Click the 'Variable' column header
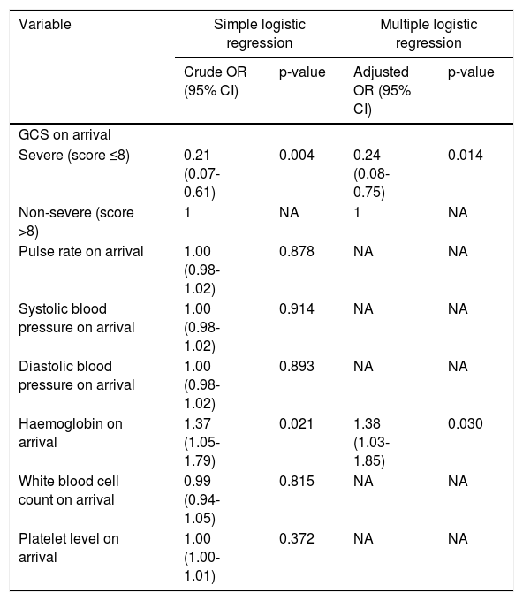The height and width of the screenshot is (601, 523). [x=45, y=25]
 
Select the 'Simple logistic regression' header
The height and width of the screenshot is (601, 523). [x=260, y=34]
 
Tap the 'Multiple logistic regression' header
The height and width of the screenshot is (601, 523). [x=428, y=34]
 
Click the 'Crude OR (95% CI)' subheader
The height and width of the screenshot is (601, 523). [x=215, y=81]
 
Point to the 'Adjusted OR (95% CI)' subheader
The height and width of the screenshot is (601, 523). [x=382, y=90]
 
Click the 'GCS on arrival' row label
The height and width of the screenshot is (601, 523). [x=64, y=135]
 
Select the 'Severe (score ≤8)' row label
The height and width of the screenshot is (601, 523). [x=74, y=156]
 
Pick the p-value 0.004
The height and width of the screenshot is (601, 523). [x=297, y=156]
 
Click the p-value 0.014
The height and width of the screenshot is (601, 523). [x=466, y=156]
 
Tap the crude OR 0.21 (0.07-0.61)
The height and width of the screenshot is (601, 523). [x=202, y=173]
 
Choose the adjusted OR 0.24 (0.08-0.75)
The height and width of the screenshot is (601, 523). [x=371, y=173]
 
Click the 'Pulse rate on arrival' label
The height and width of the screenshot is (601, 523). [x=81, y=251]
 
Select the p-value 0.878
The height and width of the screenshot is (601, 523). [x=297, y=251]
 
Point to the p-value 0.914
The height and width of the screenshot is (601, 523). [x=297, y=309]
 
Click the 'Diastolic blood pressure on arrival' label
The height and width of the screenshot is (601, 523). [x=77, y=376]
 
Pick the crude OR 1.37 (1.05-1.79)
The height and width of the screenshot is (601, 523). [x=202, y=442]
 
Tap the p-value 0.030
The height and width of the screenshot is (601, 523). [x=466, y=424]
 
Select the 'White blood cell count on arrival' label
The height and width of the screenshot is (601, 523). [x=69, y=491]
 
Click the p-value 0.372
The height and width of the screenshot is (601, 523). [x=297, y=539]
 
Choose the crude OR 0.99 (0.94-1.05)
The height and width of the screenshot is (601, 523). [x=202, y=500]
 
